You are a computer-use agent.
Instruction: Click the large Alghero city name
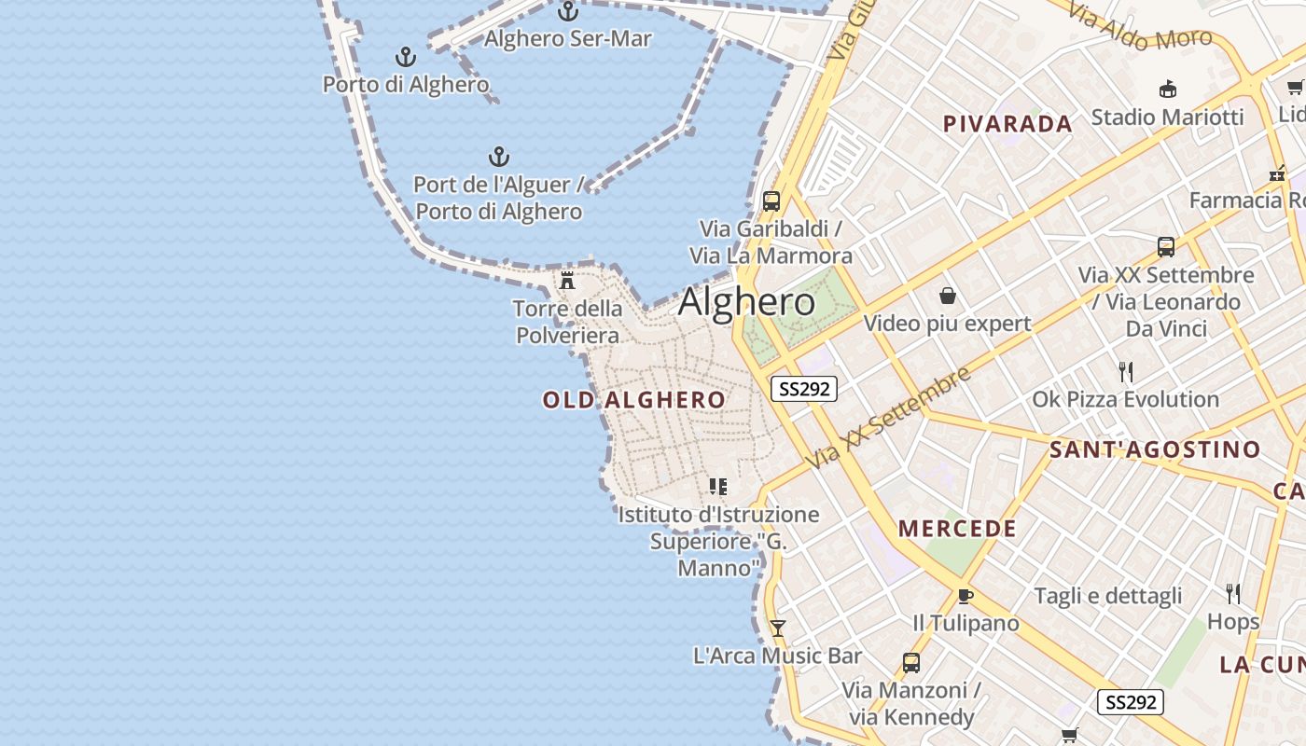pyautogui.click(x=746, y=302)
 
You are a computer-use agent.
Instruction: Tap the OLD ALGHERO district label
pyautogui.click(x=633, y=400)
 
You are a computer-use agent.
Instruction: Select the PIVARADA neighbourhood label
pyautogui.click(x=1007, y=124)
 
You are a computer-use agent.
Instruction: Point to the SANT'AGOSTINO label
pyautogui.click(x=1155, y=449)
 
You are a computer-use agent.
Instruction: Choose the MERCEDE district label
pyautogui.click(x=957, y=529)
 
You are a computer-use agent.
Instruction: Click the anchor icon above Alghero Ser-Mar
pyautogui.click(x=567, y=12)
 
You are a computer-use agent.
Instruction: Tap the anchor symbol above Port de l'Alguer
pyautogui.click(x=499, y=156)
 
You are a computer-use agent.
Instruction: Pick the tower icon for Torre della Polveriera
pyautogui.click(x=567, y=280)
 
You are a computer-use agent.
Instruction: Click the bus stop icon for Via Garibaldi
pyautogui.click(x=771, y=200)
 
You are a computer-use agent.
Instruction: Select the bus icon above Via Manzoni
pyautogui.click(x=911, y=663)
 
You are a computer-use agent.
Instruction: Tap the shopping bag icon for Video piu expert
pyautogui.click(x=948, y=296)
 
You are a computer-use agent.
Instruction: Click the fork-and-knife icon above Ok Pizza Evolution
pyautogui.click(x=1126, y=372)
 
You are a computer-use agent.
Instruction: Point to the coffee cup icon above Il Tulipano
pyautogui.click(x=966, y=596)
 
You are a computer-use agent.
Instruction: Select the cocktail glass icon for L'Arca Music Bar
pyautogui.click(x=777, y=629)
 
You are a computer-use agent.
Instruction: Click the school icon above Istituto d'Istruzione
pyautogui.click(x=717, y=486)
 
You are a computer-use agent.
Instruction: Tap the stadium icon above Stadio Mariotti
pyautogui.click(x=1167, y=90)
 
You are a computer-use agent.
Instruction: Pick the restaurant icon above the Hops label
pyautogui.click(x=1232, y=593)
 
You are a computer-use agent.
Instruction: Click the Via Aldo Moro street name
pyautogui.click(x=1139, y=27)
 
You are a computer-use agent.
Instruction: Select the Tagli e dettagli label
pyautogui.click(x=1107, y=596)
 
